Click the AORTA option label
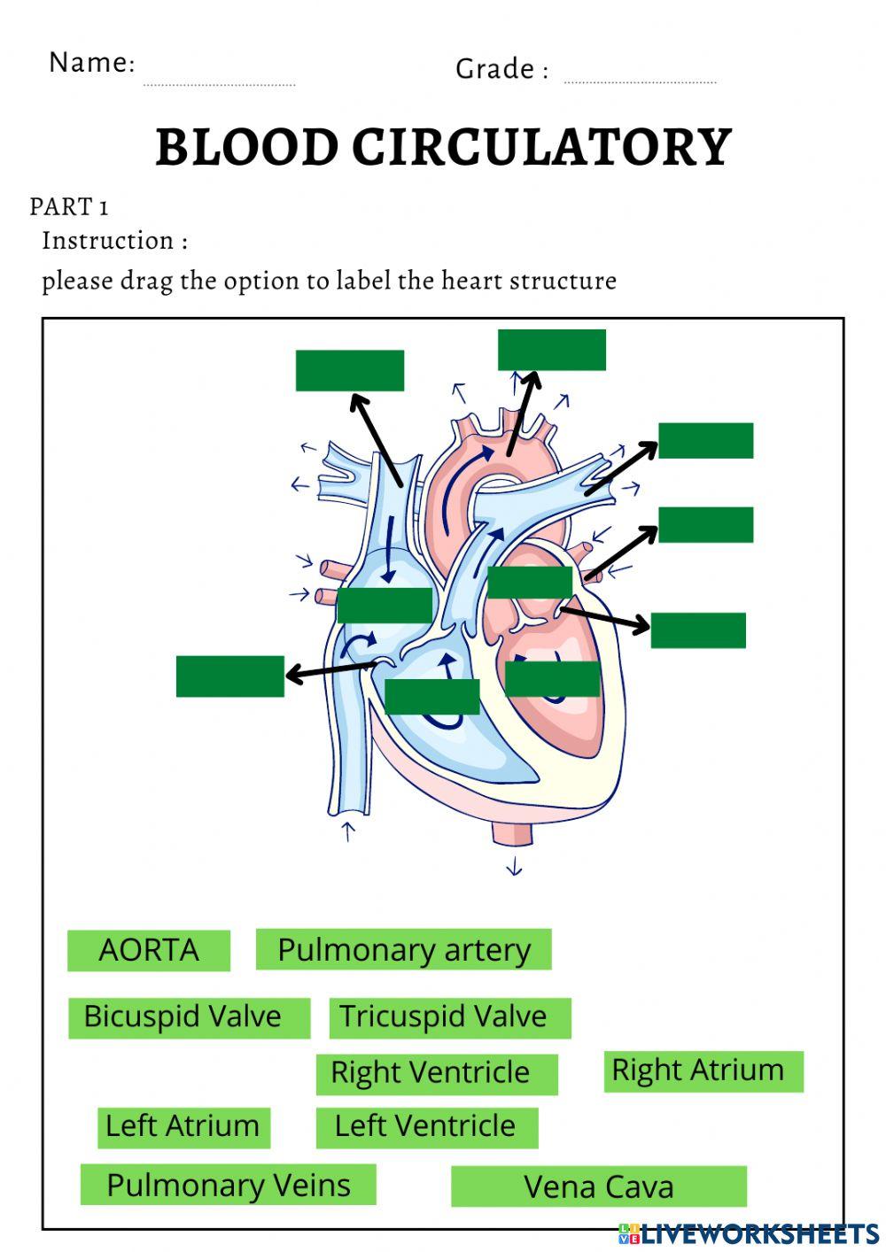(149, 950)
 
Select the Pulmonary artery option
(403, 950)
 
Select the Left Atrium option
(183, 1126)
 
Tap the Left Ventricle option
(425, 1126)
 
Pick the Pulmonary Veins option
(229, 1186)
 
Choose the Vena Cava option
(599, 1187)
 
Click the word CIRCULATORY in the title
(542, 148)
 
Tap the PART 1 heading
(69, 207)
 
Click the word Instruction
(108, 241)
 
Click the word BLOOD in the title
(246, 148)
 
